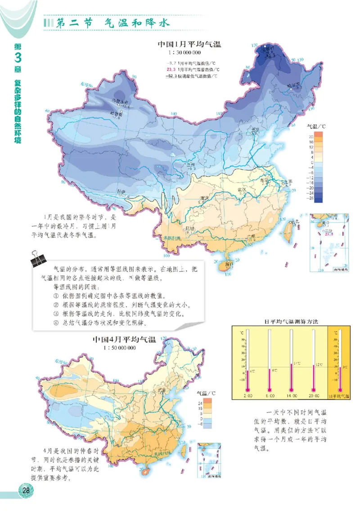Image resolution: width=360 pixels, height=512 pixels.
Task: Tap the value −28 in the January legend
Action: point(310,198)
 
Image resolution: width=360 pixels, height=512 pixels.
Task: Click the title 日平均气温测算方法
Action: point(279,322)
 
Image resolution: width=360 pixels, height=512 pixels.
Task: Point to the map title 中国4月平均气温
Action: point(124,340)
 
